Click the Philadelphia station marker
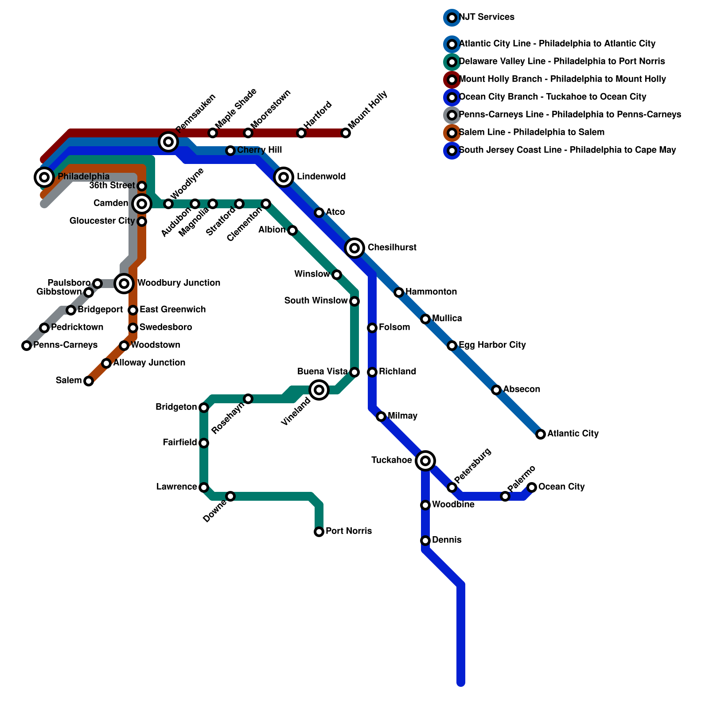pyautogui.click(x=44, y=177)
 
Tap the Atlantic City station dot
pyautogui.click(x=541, y=434)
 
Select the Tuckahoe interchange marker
pyautogui.click(x=425, y=461)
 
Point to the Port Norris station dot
pyautogui.click(x=319, y=532)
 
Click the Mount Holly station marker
pyautogui.click(x=346, y=133)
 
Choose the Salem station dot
pyautogui.click(x=89, y=381)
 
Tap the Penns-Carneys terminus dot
pyautogui.click(x=27, y=346)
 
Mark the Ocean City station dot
pyautogui.click(x=532, y=487)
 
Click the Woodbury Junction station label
pyautogui.click(x=179, y=283)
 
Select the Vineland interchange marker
pyautogui.click(x=319, y=390)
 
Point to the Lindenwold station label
pyautogui.click(x=321, y=176)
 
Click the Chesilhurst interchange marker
pyautogui.click(x=354, y=248)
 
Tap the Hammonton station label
pyautogui.click(x=431, y=292)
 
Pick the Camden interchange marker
pyautogui.click(x=142, y=204)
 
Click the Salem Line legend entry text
pyautogui.click(x=532, y=132)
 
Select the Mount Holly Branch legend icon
pyautogui.click(x=452, y=80)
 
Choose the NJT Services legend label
pyautogui.click(x=487, y=17)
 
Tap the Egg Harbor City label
pyautogui.click(x=492, y=345)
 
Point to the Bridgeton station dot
pyautogui.click(x=204, y=408)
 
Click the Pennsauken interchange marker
pyautogui.click(x=168, y=142)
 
